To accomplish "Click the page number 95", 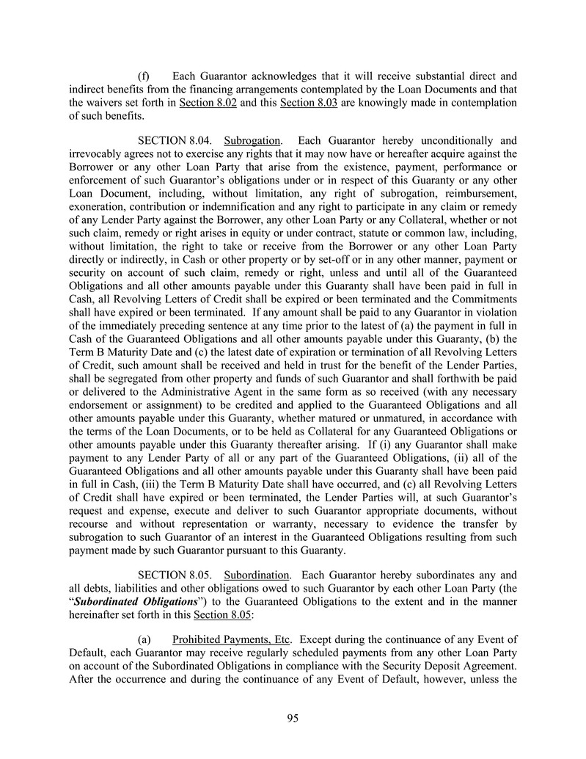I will pos(293,719).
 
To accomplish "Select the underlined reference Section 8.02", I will pos(208,102).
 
